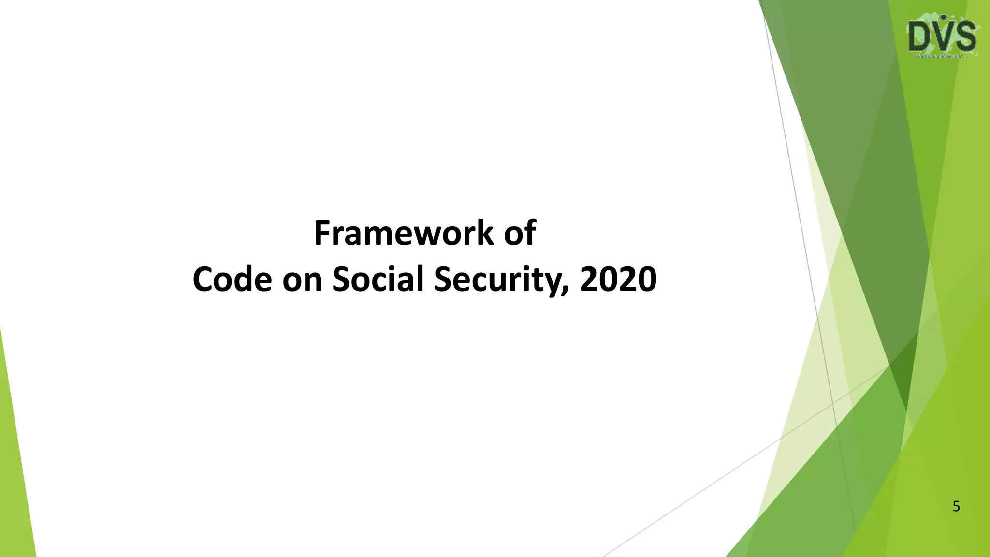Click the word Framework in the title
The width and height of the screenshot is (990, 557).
[404, 234]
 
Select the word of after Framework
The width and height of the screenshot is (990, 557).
[520, 234]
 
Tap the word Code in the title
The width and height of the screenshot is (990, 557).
[232, 280]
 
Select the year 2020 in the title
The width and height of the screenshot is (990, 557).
[618, 280]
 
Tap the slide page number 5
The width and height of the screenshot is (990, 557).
[956, 507]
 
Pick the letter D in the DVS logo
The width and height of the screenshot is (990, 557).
[919, 37]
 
